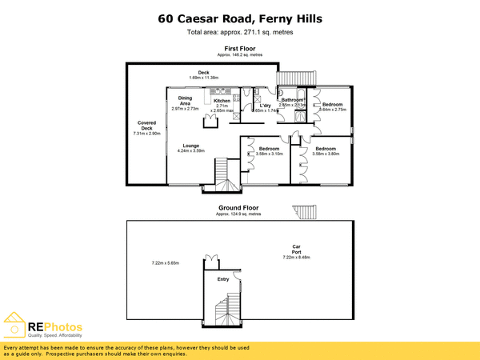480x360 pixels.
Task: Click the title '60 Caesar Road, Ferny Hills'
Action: point(240,18)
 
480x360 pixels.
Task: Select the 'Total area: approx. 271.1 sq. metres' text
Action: point(240,33)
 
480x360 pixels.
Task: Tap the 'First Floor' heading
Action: point(240,48)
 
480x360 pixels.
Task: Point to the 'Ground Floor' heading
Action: point(240,207)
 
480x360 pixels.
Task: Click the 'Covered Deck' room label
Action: point(146,126)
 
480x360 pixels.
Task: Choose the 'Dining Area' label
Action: point(185,102)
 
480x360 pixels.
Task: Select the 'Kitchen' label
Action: point(221,101)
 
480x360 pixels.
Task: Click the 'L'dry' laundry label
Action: point(266,106)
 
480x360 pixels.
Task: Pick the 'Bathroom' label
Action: point(293,100)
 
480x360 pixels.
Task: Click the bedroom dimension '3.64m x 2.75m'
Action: point(332,110)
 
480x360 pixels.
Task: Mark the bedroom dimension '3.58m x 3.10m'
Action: point(269,153)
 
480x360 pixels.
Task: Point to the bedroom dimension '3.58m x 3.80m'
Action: point(326,153)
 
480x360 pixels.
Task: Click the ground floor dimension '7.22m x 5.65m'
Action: point(166,263)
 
